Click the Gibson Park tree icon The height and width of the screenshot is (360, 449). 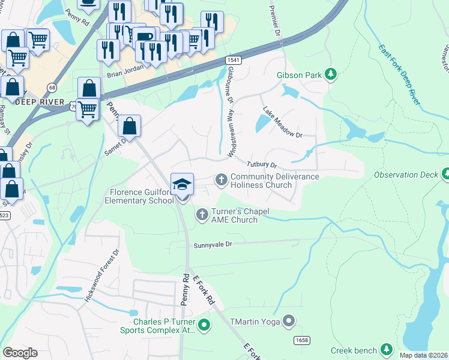(x=330, y=75)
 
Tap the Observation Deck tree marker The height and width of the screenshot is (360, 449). (x=445, y=175)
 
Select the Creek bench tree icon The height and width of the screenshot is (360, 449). (x=387, y=350)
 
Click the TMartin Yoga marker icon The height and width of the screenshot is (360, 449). (x=289, y=321)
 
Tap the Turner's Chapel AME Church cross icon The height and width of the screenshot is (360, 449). (x=202, y=214)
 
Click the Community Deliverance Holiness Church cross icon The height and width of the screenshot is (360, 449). (x=221, y=179)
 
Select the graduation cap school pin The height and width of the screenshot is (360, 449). (x=182, y=184)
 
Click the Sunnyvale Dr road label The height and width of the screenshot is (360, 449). (x=212, y=245)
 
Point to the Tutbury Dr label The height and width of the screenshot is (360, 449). (x=261, y=164)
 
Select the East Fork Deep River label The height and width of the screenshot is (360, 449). (x=399, y=74)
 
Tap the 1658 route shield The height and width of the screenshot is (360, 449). (x=302, y=340)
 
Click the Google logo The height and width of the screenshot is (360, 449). (x=20, y=352)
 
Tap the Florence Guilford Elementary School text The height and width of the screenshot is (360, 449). (x=141, y=196)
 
